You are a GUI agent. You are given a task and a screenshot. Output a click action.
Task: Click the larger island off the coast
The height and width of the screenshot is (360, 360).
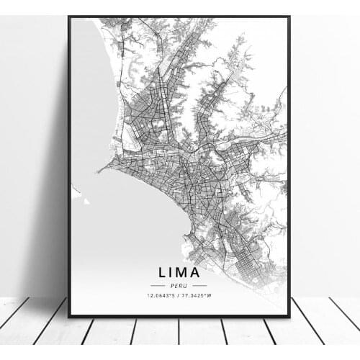[x=76, y=192]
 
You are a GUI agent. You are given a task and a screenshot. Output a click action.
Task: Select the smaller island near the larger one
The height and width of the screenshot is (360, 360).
[x=86, y=202]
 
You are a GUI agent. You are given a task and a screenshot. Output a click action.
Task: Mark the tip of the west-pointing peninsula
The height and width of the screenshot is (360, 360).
[x=99, y=171]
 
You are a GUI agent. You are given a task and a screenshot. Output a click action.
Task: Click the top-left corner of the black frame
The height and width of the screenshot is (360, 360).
[x=68, y=17]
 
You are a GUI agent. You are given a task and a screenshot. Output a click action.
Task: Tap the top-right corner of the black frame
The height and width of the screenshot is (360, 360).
[x=289, y=17]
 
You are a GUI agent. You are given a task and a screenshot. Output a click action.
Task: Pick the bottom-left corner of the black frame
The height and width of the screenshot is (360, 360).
[x=68, y=317]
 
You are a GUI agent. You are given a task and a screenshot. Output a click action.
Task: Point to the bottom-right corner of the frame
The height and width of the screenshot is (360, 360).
[x=289, y=317]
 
